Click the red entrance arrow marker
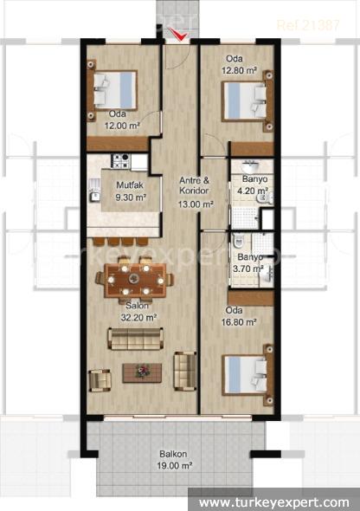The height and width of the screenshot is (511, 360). pyautogui.click(x=178, y=35)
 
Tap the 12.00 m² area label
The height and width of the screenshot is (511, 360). pyautogui.click(x=122, y=126)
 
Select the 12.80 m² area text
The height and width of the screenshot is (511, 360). pyautogui.click(x=239, y=70)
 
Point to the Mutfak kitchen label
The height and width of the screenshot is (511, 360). pyautogui.click(x=130, y=185)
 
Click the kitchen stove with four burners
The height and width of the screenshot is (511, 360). pyautogui.click(x=121, y=161)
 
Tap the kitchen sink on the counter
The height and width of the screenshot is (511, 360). pyautogui.click(x=94, y=197)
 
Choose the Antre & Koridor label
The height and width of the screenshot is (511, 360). pyautogui.click(x=195, y=185)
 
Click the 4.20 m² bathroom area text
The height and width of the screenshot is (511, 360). pyautogui.click(x=253, y=191)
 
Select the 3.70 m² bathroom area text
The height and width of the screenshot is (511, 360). pyautogui.click(x=248, y=268)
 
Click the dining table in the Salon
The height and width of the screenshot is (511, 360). pyautogui.click(x=135, y=279)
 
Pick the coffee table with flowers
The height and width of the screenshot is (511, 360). pyautogui.click(x=142, y=372)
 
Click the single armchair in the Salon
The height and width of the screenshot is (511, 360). pyautogui.click(x=100, y=380)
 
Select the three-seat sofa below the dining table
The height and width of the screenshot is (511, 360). pyautogui.click(x=135, y=339)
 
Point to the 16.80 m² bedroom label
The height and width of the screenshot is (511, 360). pyautogui.click(x=239, y=322)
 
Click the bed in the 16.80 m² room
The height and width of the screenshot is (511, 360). pyautogui.click(x=247, y=375)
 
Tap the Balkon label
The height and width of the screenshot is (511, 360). pyautogui.click(x=173, y=454)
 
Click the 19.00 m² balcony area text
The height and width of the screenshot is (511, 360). pyautogui.click(x=174, y=466)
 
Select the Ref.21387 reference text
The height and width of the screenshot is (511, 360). pyautogui.click(x=308, y=25)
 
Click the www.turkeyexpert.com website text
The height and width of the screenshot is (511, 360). pyautogui.click(x=274, y=502)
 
